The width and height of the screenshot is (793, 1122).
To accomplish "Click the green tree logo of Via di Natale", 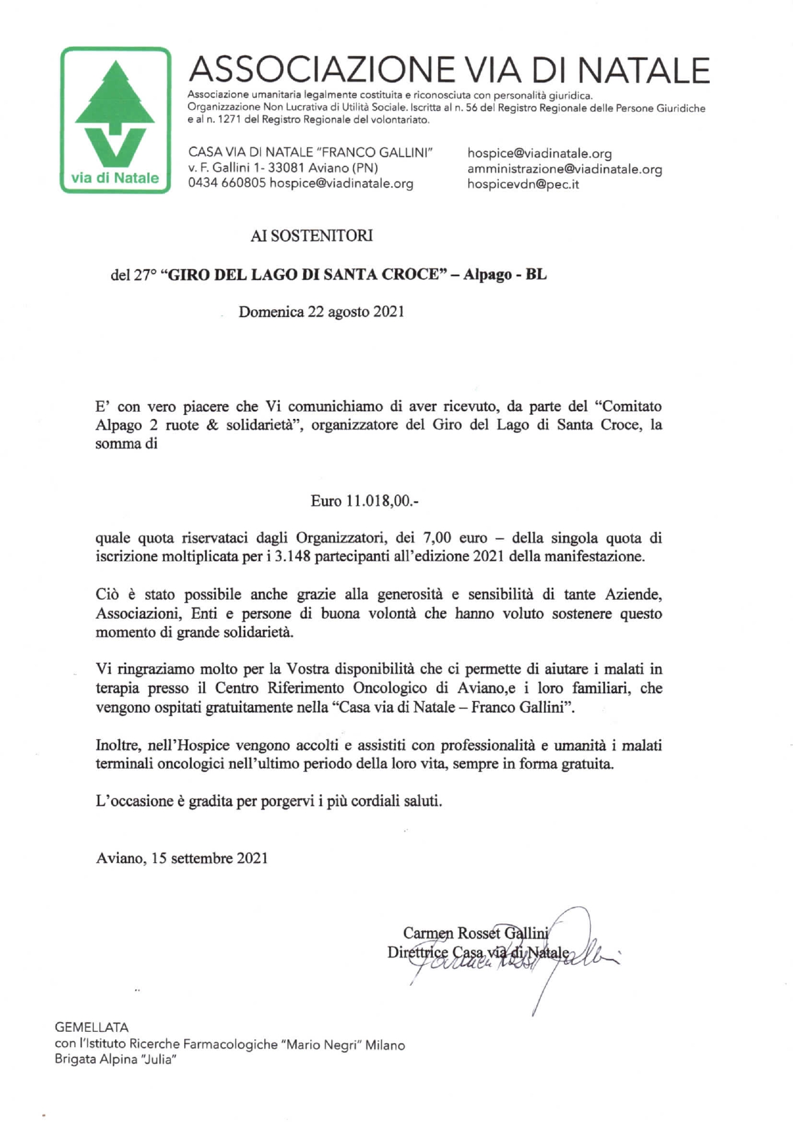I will (x=115, y=120).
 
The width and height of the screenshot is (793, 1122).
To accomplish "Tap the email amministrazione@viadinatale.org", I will (x=564, y=169).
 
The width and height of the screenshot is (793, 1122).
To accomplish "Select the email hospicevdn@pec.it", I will (x=523, y=184).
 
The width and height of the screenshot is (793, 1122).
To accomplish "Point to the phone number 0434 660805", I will (x=226, y=183).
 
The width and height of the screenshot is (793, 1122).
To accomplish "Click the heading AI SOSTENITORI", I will (x=311, y=236).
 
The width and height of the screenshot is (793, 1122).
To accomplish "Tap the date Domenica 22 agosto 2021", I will (x=321, y=312).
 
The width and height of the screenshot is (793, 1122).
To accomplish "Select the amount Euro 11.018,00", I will (x=365, y=501).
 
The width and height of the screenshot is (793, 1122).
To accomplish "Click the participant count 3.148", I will (x=292, y=556).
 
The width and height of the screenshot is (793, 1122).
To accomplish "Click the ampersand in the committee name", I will (x=212, y=425).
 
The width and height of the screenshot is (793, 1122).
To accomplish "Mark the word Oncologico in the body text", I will (x=392, y=689).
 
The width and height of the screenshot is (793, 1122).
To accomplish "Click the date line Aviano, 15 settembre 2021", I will (x=182, y=858).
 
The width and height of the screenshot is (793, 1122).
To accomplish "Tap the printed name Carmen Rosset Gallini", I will (x=476, y=933).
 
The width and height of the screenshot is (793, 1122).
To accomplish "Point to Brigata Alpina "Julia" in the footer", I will (x=115, y=1059).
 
